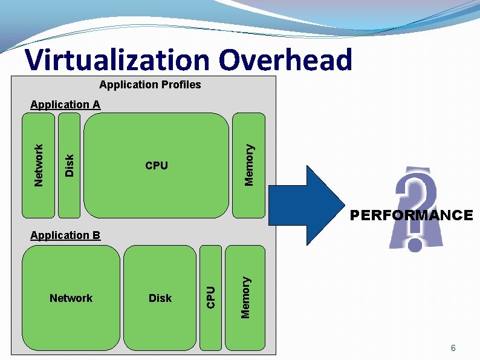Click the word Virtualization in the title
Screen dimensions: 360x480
coord(118,60)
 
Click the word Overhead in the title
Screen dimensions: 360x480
coord(285,60)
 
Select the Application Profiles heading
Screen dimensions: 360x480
coord(150,85)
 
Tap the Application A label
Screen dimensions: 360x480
coord(65,105)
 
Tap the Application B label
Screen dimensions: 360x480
coord(65,235)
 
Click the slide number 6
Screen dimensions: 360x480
coord(453,349)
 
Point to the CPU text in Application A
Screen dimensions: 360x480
coord(157,166)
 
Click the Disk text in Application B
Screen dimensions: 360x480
coord(160,298)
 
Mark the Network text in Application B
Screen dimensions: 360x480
coord(71,298)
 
